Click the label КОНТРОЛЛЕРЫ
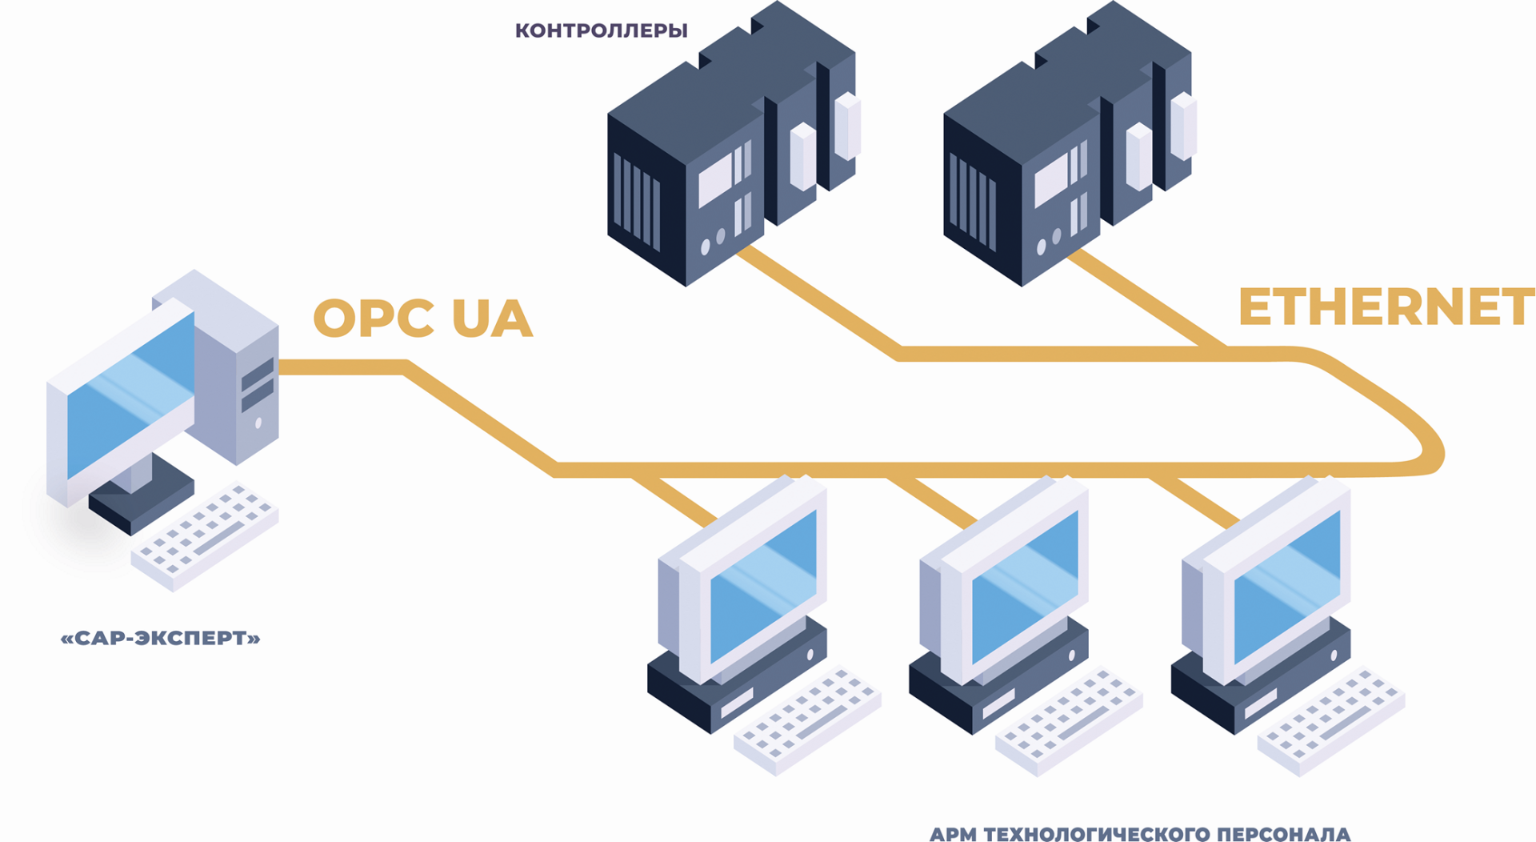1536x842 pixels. (601, 30)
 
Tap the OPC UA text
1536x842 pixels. (422, 318)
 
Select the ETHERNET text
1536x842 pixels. (1386, 307)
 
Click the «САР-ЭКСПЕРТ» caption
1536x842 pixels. (161, 638)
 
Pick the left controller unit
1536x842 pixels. (720, 152)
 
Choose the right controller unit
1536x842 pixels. (1056, 152)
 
